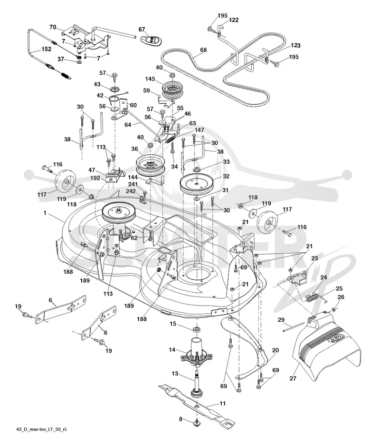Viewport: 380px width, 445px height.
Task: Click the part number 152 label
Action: pyautogui.click(x=46, y=49)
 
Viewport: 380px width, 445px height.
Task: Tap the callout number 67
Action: pyautogui.click(x=142, y=29)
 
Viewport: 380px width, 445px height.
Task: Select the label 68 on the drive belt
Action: pyautogui.click(x=203, y=49)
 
